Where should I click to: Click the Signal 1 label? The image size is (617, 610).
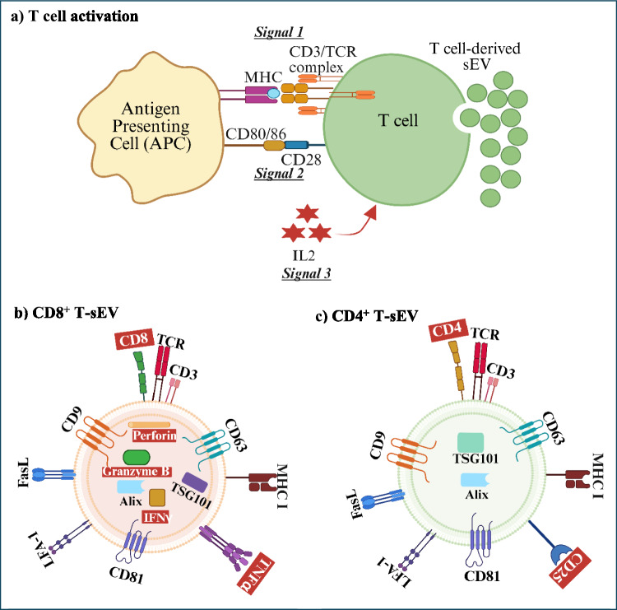click(279, 32)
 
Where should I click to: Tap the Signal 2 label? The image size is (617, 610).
click(279, 173)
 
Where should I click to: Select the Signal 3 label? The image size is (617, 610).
click(307, 273)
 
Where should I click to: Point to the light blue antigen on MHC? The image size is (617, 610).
click(273, 93)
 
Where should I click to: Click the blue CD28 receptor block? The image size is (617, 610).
click(296, 145)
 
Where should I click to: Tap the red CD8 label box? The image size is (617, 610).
click(134, 339)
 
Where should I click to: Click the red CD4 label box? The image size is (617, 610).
click(448, 330)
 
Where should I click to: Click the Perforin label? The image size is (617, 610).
click(155, 435)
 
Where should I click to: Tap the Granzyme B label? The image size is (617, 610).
click(137, 471)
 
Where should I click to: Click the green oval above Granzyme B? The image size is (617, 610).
click(137, 457)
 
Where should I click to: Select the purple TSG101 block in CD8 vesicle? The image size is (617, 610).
click(195, 482)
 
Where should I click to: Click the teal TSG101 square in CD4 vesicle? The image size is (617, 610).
click(471, 442)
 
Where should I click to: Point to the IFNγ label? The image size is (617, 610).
click(157, 517)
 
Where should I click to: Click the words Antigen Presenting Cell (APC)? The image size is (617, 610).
click(151, 126)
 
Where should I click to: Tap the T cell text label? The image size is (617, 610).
click(398, 120)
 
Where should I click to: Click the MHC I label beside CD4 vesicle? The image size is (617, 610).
click(597, 476)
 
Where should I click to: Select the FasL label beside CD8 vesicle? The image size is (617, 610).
click(23, 473)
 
